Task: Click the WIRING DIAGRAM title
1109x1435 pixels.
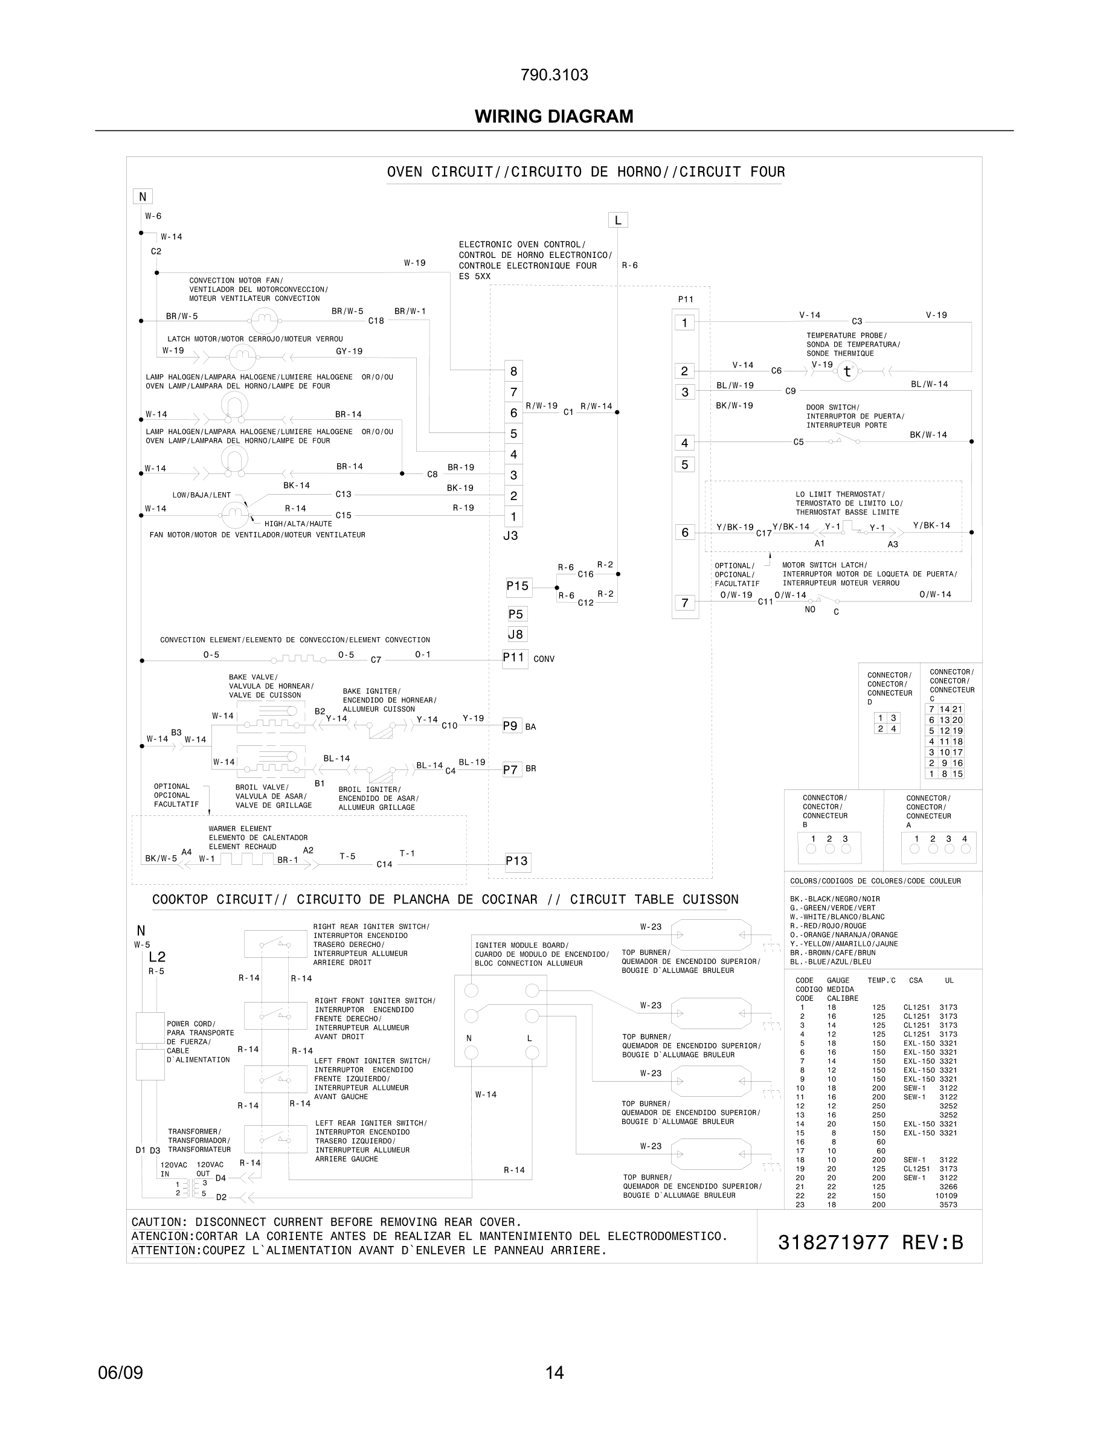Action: click(554, 117)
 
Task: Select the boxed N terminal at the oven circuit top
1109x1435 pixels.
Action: click(143, 196)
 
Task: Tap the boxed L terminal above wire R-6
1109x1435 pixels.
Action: click(617, 220)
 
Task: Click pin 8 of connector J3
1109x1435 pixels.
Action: click(513, 371)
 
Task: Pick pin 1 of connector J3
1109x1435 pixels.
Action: click(513, 516)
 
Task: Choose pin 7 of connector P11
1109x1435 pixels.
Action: click(684, 603)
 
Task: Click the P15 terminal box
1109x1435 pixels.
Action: click(518, 586)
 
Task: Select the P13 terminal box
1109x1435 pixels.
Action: click(517, 861)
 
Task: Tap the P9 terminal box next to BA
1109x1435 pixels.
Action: click(510, 726)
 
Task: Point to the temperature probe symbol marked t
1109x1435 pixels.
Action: click(847, 371)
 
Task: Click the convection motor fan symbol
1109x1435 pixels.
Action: click(264, 321)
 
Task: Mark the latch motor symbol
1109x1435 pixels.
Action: click(242, 358)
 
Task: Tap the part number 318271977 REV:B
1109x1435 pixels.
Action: click(870, 1242)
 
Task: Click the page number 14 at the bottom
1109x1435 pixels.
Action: click(554, 1373)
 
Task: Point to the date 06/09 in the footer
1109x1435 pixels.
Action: click(120, 1373)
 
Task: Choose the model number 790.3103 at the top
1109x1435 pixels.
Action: click(554, 75)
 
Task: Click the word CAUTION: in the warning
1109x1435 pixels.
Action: click(159, 1222)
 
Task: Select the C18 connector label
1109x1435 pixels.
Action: click(376, 321)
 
